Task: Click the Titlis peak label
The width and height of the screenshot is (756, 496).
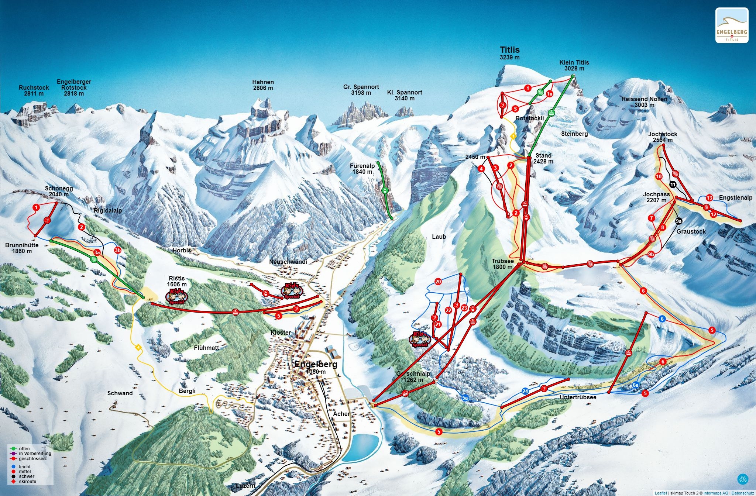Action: point(509,50)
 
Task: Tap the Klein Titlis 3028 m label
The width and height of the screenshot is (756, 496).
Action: point(574,65)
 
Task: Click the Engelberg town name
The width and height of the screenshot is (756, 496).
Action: point(316,365)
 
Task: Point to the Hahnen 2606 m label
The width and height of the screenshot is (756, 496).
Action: point(263,85)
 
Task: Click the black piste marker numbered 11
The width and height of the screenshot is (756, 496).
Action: point(673,185)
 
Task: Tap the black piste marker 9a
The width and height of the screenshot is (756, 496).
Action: point(678,221)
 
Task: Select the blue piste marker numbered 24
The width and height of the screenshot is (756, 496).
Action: point(525,391)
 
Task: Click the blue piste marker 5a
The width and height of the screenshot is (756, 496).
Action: point(465,398)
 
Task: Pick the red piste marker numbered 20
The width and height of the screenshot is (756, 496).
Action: point(438,282)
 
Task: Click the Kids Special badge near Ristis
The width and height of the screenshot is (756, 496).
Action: point(176,296)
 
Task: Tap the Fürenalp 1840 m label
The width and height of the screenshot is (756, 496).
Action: point(362,169)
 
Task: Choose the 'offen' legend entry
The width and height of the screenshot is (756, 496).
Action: point(24,449)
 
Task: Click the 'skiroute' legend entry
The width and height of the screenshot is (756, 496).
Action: point(27,481)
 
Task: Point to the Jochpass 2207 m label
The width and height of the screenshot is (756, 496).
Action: point(656,197)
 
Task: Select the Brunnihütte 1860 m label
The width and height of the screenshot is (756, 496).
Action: point(22,248)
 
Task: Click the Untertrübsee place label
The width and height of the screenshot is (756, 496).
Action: point(578,397)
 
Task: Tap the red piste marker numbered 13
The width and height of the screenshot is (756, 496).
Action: point(709,198)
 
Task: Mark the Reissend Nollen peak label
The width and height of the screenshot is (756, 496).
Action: point(644,102)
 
